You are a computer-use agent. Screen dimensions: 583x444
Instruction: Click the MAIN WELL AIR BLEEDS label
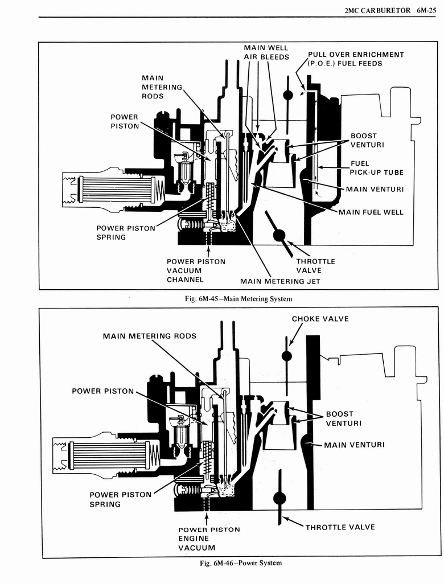click(x=266, y=52)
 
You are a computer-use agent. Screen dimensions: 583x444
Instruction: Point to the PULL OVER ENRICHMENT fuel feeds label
click(x=356, y=59)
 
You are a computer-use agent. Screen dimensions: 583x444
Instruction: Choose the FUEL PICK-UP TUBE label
click(x=377, y=168)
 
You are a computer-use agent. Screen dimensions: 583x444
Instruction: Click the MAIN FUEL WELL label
click(x=371, y=212)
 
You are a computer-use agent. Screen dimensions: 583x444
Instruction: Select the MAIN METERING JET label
click(x=280, y=281)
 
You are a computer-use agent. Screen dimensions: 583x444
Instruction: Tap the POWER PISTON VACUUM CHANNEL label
click(x=196, y=270)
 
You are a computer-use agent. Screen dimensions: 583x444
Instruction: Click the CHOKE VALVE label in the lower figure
click(x=320, y=319)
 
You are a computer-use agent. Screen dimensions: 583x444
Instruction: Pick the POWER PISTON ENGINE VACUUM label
click(x=209, y=539)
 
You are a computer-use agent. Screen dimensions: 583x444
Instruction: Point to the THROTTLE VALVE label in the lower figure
click(x=340, y=527)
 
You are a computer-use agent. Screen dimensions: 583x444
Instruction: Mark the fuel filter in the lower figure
click(x=108, y=455)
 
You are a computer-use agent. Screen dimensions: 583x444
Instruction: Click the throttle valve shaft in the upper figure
click(x=279, y=235)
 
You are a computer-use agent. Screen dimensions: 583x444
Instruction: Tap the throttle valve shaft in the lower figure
click(x=279, y=498)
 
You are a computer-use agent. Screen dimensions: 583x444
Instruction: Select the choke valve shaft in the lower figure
click(x=287, y=356)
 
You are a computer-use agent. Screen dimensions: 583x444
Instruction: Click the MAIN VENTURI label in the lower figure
click(x=354, y=445)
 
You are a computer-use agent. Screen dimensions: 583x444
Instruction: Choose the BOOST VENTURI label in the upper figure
click(x=367, y=140)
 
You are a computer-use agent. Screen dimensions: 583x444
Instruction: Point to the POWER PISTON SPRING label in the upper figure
click(x=125, y=232)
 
